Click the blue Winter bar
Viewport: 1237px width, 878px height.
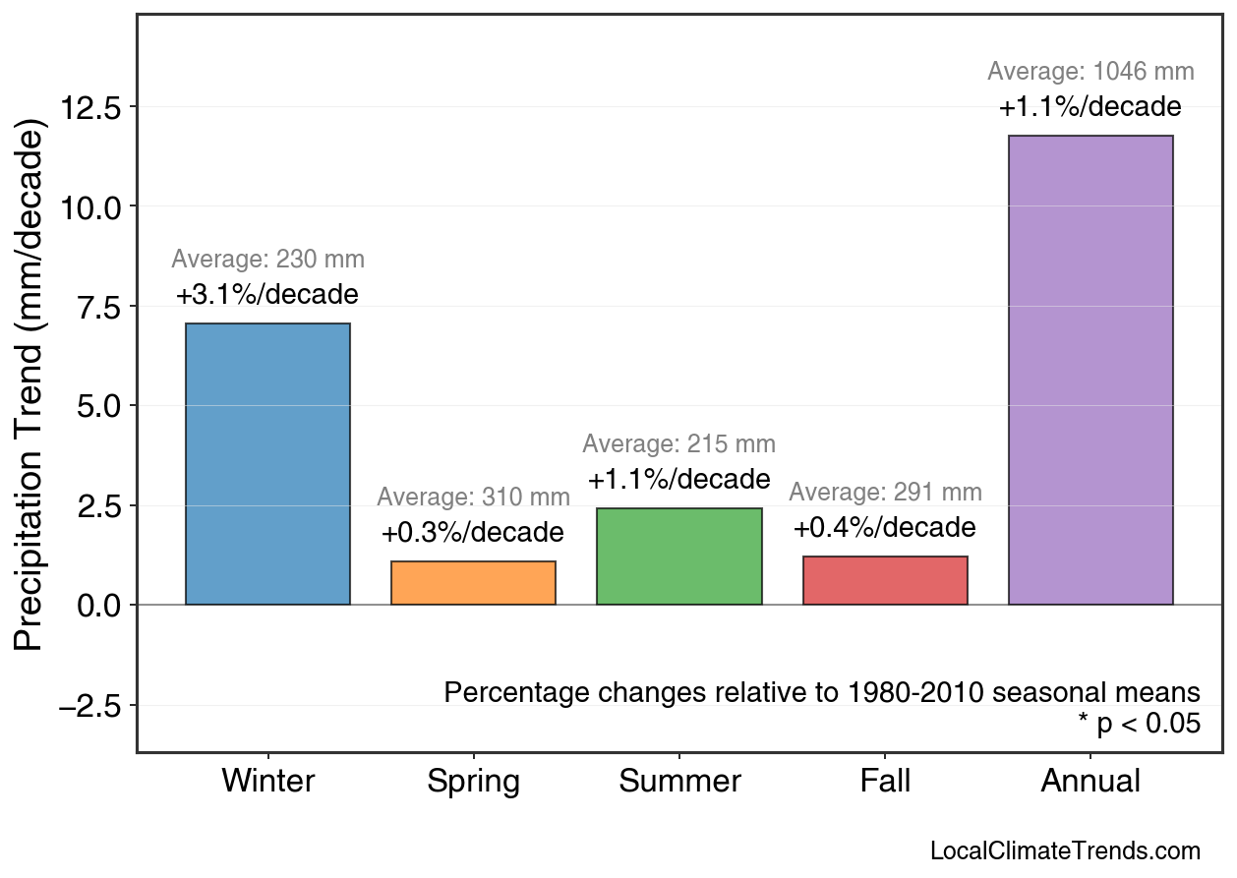[267, 463]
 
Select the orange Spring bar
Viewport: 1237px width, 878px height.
[473, 583]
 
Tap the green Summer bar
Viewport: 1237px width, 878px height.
[678, 556]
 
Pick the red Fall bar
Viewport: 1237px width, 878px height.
[885, 580]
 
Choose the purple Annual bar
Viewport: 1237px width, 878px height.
[1090, 370]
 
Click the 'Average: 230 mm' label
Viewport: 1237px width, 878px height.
[267, 261]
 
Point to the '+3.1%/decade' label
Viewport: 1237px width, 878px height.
[267, 295]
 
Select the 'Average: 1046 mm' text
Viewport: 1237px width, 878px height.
[1090, 72]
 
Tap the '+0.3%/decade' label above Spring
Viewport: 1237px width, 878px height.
[473, 533]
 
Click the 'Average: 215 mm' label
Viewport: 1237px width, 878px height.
[678, 444]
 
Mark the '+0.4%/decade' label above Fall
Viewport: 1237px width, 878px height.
[885, 528]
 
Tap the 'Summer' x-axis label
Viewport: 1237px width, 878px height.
[679, 782]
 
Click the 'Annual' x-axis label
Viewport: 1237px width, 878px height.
[1090, 782]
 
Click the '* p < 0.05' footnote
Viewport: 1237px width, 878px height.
[1139, 725]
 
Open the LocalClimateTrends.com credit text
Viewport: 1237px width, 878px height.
[1065, 851]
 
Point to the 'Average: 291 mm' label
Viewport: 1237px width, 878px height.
[885, 493]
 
